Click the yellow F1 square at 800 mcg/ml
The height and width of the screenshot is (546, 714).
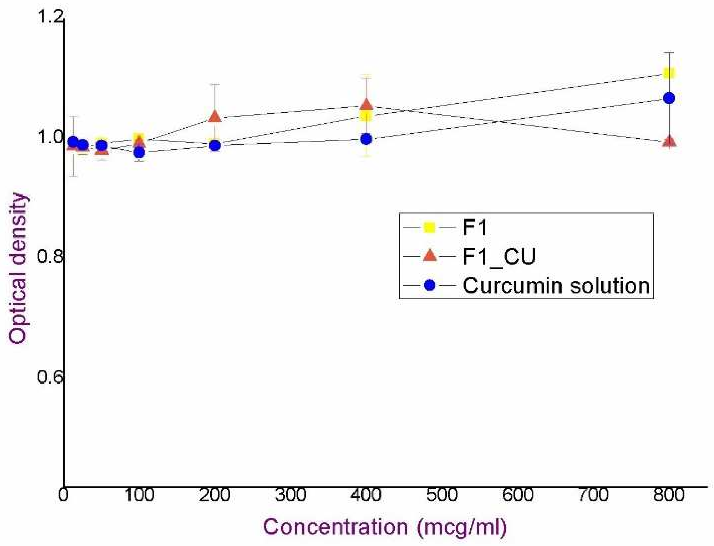pos(669,73)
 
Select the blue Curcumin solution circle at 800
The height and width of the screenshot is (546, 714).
pos(669,98)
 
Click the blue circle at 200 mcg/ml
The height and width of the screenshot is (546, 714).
pos(215,145)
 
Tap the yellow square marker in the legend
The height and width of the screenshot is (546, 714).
pos(430,228)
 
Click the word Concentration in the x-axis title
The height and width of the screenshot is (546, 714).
pos(335,526)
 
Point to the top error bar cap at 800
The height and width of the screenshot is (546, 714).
pos(669,53)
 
